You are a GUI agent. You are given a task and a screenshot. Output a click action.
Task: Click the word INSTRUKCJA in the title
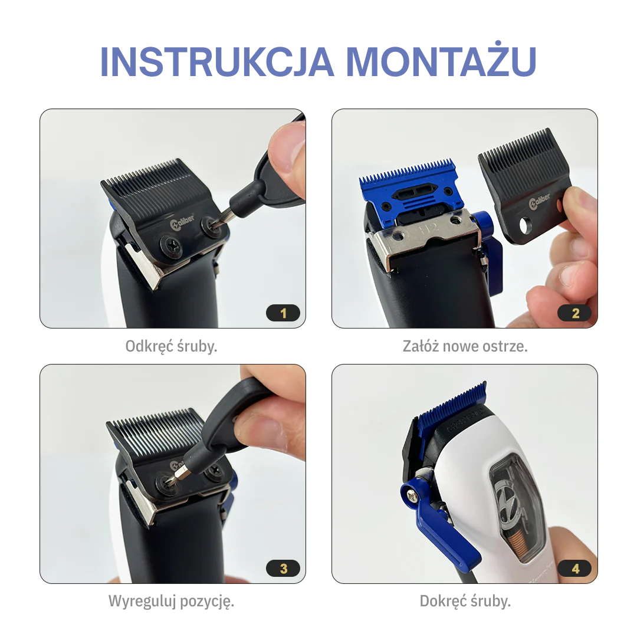pos(217,61)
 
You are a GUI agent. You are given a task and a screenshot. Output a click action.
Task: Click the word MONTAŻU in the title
pos(441,61)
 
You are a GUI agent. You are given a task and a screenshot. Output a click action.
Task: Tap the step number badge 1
pos(283,313)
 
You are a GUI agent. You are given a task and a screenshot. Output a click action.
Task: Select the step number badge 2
pos(575,313)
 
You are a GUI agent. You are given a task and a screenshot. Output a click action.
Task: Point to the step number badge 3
pos(283,569)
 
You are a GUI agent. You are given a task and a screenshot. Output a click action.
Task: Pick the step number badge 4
pos(575,569)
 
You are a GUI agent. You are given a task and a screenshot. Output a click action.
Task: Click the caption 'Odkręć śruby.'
pos(172,346)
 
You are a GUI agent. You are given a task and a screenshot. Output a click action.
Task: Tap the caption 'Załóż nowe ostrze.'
pos(465,346)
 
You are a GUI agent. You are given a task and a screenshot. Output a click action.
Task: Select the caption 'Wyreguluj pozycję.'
pos(172,602)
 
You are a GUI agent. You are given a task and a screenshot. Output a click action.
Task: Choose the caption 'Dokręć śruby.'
pos(465,602)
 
